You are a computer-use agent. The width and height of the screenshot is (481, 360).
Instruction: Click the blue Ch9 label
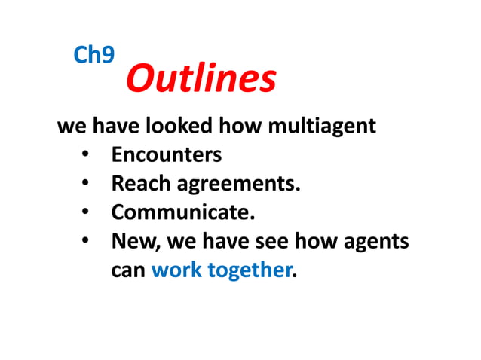(x=94, y=54)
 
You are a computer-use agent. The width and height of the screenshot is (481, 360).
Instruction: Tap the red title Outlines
(x=201, y=78)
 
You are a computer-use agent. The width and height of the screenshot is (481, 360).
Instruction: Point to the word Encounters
(x=167, y=155)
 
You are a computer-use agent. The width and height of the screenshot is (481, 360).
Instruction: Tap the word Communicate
(x=182, y=212)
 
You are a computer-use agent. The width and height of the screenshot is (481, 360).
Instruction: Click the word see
(x=282, y=243)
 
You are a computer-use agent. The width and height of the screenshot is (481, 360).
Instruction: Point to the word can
(x=127, y=271)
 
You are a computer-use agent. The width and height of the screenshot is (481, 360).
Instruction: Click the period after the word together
(x=294, y=276)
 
